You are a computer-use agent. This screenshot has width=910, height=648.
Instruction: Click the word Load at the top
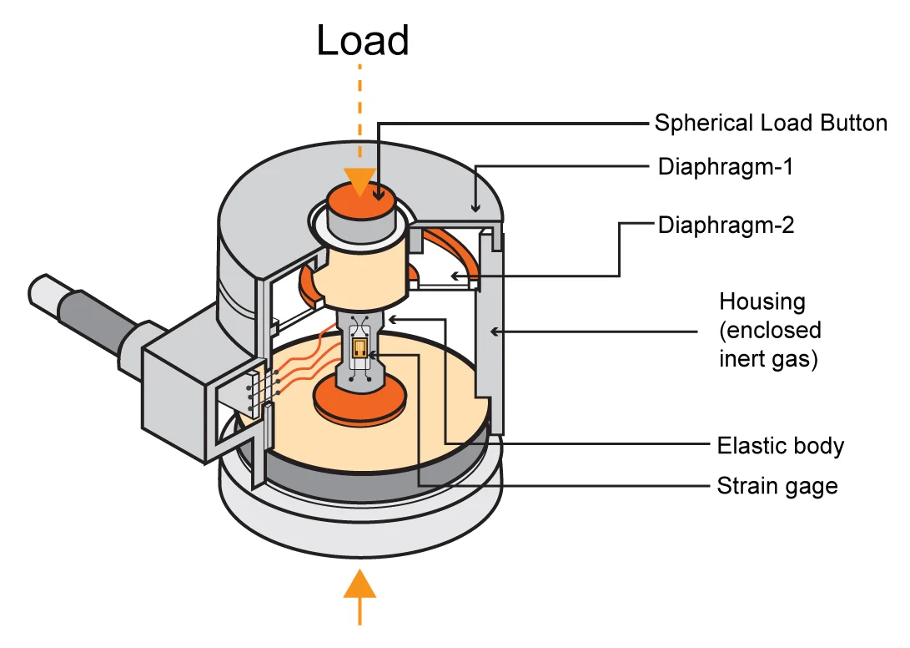(x=363, y=41)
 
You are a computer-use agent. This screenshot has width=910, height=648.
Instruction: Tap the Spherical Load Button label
(x=770, y=124)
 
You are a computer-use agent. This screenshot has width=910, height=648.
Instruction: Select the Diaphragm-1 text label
(x=725, y=167)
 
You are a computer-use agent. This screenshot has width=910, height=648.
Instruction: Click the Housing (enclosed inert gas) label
(x=770, y=331)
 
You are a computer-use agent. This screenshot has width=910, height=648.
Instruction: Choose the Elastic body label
(x=780, y=445)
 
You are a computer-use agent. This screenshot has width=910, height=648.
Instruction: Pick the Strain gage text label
(x=777, y=485)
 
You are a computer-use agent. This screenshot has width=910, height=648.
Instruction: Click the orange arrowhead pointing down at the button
(x=360, y=180)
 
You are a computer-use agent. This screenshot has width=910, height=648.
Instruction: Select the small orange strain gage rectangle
(x=360, y=348)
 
